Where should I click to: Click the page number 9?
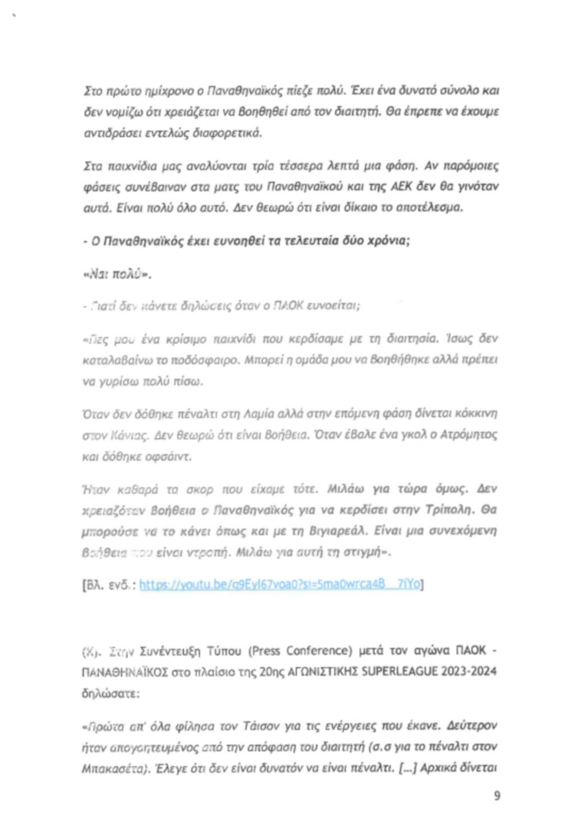point(497,796)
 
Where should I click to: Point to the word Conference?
point(317,650)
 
